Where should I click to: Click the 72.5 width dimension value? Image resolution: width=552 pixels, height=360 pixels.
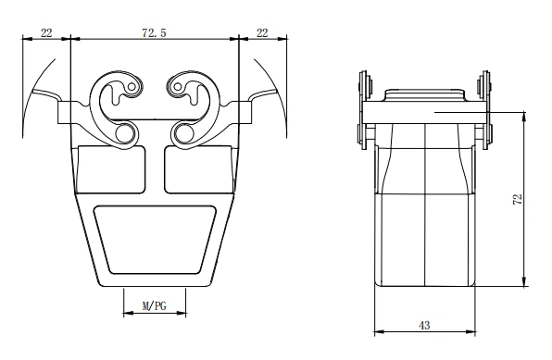coord(154,31)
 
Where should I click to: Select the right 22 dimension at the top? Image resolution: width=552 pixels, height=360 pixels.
coord(262,31)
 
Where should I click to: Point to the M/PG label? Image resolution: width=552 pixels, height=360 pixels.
coord(154,304)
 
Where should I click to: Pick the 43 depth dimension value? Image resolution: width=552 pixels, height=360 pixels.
coord(424,325)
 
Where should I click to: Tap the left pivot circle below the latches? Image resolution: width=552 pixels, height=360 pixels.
coord(125,135)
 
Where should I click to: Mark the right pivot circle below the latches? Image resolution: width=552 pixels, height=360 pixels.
coord(182,135)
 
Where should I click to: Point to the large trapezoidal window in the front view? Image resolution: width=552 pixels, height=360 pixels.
coord(154,238)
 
